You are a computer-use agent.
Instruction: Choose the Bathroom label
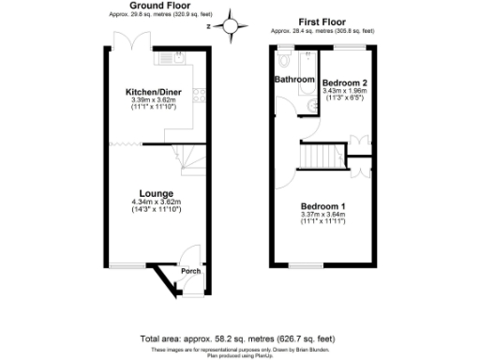pyautogui.click(x=294, y=80)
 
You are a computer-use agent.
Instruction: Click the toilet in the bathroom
pyautogui.click(x=283, y=61)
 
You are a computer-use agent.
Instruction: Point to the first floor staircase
pyautogui.click(x=319, y=155)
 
